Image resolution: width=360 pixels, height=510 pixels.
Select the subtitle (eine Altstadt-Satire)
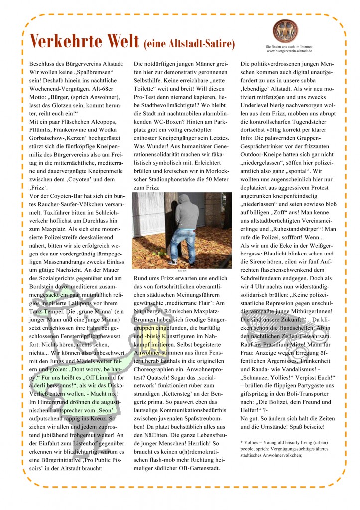click(x=189, y=44)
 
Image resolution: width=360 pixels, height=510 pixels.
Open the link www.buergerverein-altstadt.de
click(x=289, y=51)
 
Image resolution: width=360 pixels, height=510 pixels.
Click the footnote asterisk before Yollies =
click(x=241, y=441)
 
